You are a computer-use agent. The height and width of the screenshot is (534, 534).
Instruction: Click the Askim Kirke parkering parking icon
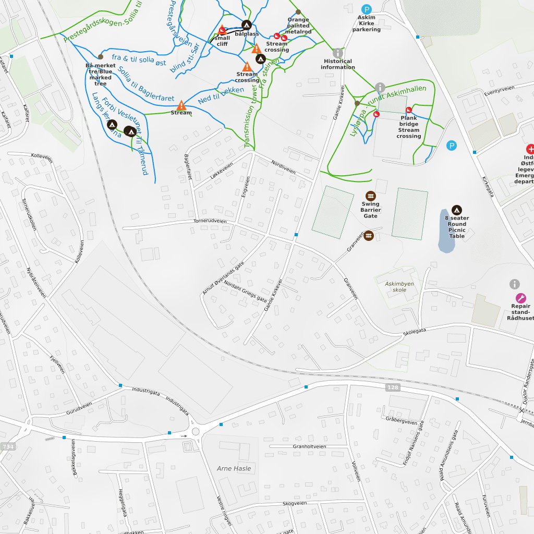367,9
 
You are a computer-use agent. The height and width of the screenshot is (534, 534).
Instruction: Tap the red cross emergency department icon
530,149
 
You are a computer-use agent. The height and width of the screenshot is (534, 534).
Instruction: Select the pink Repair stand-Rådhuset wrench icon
520,298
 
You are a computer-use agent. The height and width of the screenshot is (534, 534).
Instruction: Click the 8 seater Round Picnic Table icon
456,210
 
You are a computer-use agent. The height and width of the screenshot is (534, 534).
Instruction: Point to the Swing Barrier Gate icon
370,195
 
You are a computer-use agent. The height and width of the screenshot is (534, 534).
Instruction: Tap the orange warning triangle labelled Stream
181,105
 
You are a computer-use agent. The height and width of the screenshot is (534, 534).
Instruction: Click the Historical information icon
338,53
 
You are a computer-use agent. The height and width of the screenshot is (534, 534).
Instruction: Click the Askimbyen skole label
399,287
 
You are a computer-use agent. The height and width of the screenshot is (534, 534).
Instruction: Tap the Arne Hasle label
234,468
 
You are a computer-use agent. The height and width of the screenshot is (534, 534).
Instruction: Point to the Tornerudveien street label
210,221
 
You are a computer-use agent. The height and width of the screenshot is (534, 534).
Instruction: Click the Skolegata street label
415,332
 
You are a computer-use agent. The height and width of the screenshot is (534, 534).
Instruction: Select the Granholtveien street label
309,446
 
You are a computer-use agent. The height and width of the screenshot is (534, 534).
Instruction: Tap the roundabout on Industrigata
196,431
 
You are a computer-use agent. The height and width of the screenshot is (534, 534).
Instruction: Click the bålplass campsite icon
246,25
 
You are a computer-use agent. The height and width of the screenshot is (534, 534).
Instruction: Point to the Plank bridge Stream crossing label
408,127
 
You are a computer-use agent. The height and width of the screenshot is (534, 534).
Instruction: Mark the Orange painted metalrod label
299,26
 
